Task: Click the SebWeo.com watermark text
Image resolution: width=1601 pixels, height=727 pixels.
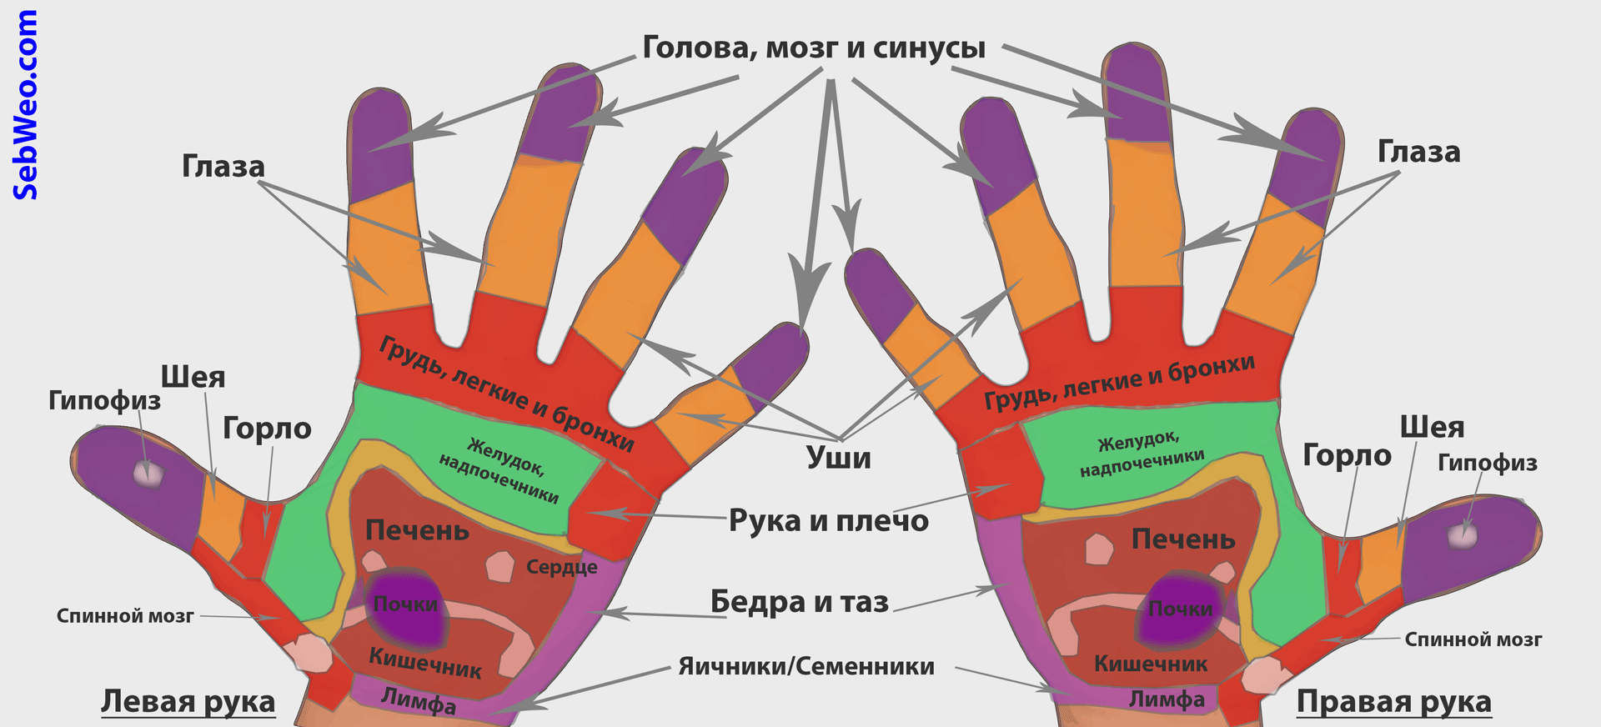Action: [x=25, y=105]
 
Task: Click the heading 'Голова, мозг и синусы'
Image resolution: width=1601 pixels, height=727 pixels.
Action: [x=814, y=48]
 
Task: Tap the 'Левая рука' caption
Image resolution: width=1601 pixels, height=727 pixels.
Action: [x=188, y=702]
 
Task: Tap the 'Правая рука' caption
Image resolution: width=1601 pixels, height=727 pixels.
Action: [x=1394, y=702]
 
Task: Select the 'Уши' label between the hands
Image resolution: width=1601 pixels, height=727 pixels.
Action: [x=839, y=458]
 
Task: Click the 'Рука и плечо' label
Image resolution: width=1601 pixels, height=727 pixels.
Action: [x=829, y=520]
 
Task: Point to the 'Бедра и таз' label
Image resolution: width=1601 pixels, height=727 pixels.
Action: [x=800, y=601]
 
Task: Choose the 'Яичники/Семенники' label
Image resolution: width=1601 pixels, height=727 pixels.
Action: [x=806, y=666]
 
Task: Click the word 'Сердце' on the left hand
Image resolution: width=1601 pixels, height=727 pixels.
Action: [x=562, y=568]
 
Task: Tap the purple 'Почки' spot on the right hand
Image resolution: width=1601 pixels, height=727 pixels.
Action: [x=1180, y=611]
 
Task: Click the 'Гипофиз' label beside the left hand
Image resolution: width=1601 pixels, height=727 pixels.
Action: [x=104, y=401]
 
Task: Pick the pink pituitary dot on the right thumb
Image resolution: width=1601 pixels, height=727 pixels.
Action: [x=1463, y=534]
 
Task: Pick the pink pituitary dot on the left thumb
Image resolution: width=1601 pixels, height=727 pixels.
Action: [x=148, y=474]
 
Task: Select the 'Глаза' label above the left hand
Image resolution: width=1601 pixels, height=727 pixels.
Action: [x=223, y=167]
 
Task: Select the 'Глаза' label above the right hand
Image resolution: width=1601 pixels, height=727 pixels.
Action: [x=1419, y=152]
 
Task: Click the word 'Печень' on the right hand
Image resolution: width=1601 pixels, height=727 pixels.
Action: [x=1183, y=540]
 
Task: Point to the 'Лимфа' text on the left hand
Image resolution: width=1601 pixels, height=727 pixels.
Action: [x=419, y=701]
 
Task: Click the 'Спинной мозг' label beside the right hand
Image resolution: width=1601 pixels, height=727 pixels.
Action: [x=1473, y=639]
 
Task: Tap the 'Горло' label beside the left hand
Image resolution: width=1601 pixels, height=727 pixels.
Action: [x=267, y=429]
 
